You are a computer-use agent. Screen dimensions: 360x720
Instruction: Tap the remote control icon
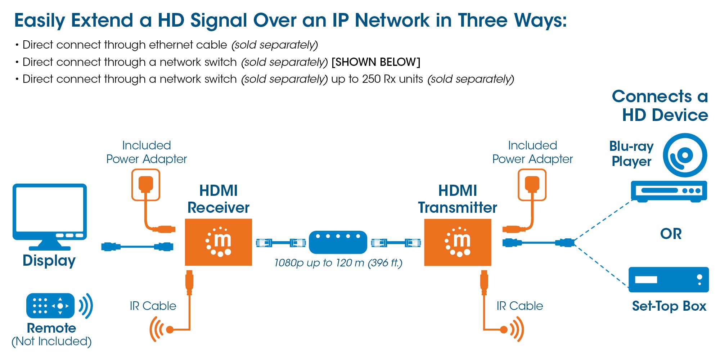[x=50, y=306]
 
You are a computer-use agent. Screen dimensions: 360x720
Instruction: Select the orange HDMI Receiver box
[x=218, y=242]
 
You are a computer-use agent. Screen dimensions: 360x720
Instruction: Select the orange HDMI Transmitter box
[x=458, y=242]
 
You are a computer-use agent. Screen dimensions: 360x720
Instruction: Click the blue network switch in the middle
[x=338, y=242]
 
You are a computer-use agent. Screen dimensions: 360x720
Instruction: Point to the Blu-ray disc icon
[x=685, y=155]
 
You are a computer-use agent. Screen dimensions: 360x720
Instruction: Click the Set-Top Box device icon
[x=669, y=280]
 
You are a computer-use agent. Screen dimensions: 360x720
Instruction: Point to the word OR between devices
[x=671, y=234]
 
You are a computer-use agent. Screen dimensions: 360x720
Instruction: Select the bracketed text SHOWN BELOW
[x=375, y=62]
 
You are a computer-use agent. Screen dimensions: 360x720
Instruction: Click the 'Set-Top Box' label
[x=669, y=306]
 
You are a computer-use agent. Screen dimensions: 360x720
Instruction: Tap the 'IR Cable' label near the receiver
[x=153, y=306]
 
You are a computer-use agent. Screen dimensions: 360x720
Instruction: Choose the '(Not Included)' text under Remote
[x=51, y=341]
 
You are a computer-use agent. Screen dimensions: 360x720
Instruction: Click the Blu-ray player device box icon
[x=669, y=191]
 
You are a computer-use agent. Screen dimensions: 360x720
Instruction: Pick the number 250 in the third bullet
[x=371, y=79]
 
